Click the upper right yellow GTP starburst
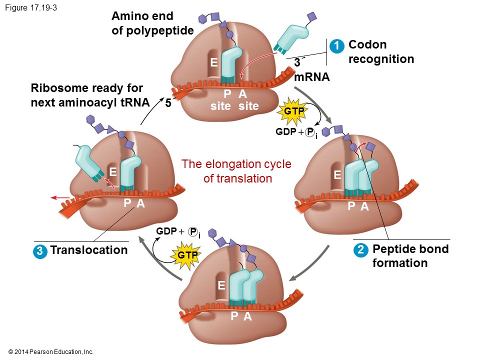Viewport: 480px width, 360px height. (294, 111)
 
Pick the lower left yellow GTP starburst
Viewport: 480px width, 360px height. (184, 255)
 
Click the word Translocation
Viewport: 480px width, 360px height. (89, 250)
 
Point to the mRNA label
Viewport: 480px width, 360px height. (312, 77)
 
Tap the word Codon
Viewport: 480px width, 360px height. (367, 44)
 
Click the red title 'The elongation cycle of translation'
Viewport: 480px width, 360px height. (236, 171)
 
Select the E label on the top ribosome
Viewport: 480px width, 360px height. (213, 62)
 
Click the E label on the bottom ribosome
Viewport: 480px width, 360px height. (221, 285)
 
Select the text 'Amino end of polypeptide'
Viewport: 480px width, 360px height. (152, 23)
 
